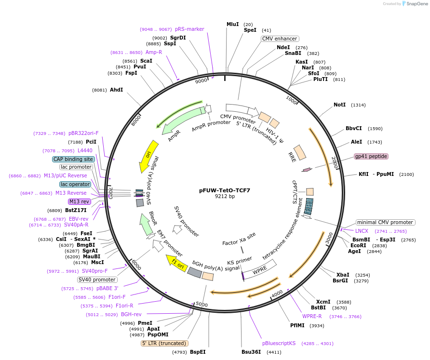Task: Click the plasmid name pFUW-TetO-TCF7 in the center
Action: click(225, 190)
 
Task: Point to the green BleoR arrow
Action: click(146, 224)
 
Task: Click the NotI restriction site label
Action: click(339, 105)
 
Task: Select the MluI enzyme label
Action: click(232, 25)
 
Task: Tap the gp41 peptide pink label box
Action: click(371, 156)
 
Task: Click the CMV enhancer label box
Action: click(280, 39)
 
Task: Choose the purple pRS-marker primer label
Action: click(189, 29)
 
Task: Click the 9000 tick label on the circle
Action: click(201, 80)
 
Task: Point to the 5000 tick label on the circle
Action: click(202, 305)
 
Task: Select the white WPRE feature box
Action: click(260, 269)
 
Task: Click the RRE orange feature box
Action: click(300, 152)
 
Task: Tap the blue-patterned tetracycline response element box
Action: click(309, 206)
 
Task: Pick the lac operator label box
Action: click(75, 184)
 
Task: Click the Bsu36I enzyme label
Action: click(251, 352)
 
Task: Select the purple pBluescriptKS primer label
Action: click(279, 343)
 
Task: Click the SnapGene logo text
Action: click(417, 3)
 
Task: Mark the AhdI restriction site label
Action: click(116, 90)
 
